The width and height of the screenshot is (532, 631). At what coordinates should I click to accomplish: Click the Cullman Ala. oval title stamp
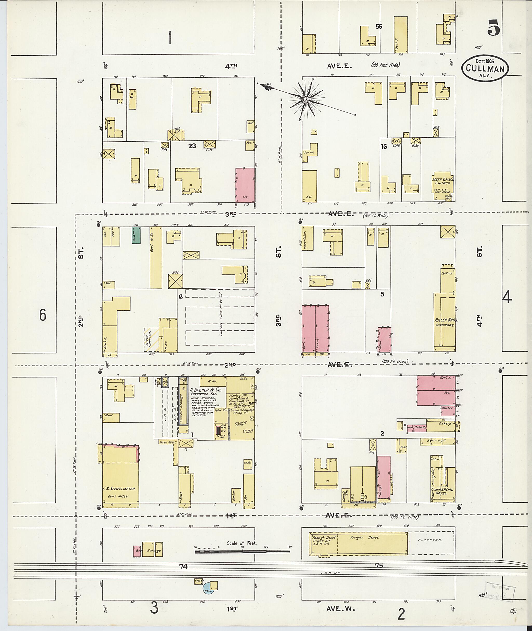(x=485, y=68)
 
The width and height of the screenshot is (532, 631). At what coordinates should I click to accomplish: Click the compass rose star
(x=306, y=99)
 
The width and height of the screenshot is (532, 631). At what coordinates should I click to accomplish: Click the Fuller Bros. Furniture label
(x=444, y=322)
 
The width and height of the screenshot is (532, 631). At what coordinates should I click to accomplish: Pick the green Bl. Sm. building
(x=136, y=235)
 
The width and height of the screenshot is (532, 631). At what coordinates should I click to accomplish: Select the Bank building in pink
(x=384, y=339)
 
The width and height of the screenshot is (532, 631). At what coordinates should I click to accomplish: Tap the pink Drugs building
(x=384, y=479)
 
